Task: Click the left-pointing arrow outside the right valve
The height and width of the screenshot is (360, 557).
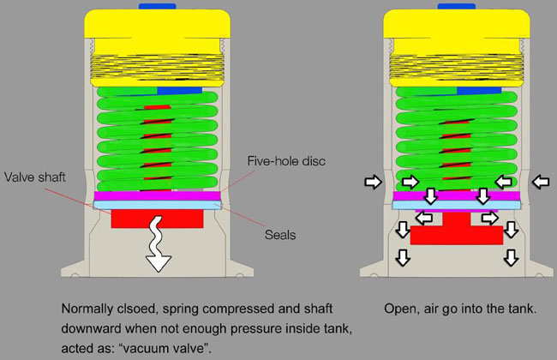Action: tap(540, 182)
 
